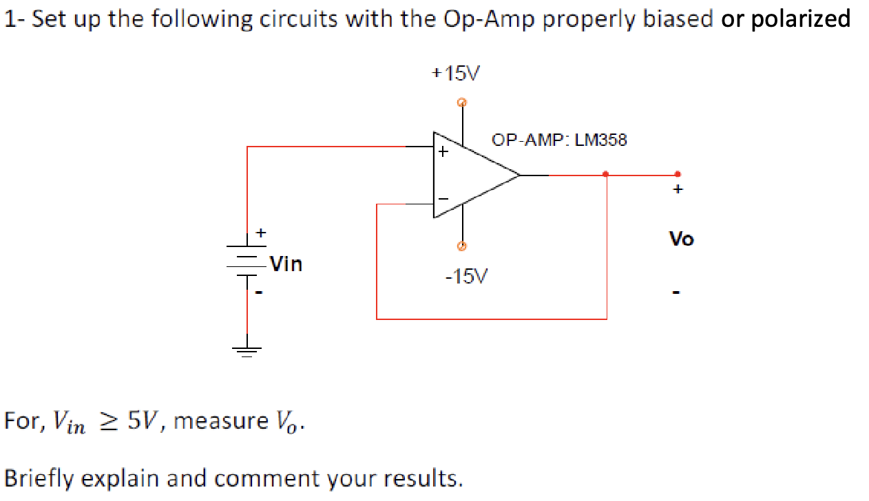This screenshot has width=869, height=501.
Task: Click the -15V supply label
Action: (x=465, y=277)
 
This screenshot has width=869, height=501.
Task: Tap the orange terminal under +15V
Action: (x=462, y=103)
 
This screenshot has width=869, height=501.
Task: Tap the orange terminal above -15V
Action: (x=462, y=246)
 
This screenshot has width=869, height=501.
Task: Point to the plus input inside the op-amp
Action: (x=443, y=151)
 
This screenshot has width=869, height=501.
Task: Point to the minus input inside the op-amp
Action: (x=443, y=199)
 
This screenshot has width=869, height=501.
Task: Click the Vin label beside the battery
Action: (x=285, y=264)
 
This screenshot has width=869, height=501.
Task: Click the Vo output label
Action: (x=682, y=239)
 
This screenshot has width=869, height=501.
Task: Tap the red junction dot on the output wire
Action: (x=605, y=174)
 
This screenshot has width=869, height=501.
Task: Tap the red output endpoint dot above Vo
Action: (x=678, y=174)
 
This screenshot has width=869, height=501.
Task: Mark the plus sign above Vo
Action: (x=678, y=189)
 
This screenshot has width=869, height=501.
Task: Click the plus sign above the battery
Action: (x=261, y=233)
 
